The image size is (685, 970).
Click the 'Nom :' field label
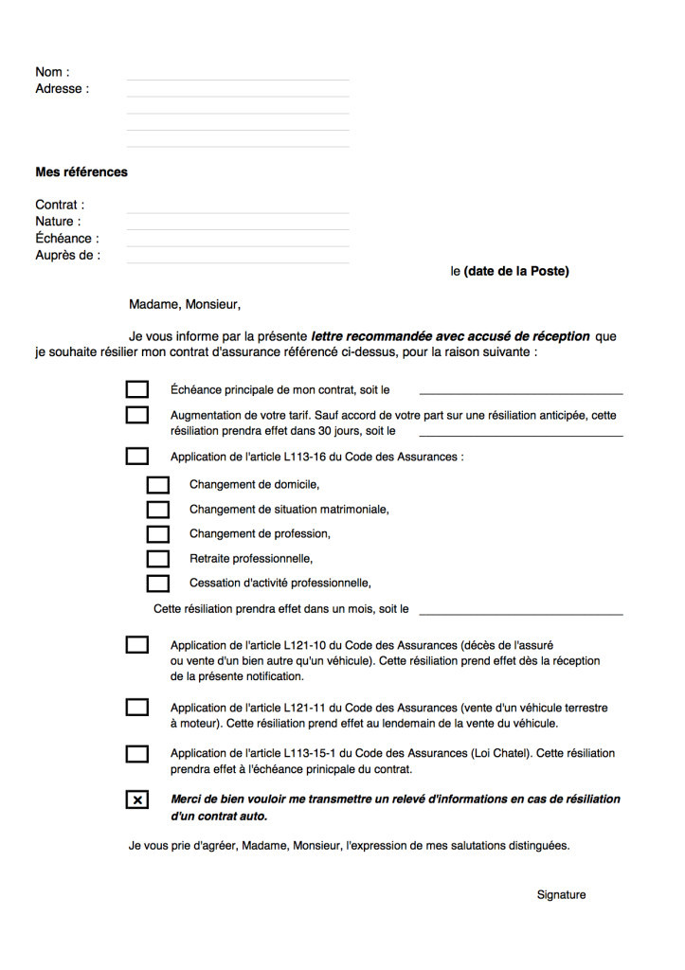click(x=52, y=72)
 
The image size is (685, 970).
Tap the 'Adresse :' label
click(x=62, y=89)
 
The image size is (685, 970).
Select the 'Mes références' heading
click(x=81, y=172)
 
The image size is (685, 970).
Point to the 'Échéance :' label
click(x=67, y=239)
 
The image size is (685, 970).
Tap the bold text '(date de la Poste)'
click(x=516, y=272)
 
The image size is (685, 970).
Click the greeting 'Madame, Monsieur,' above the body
click(x=185, y=304)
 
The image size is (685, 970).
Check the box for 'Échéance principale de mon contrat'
click(x=137, y=389)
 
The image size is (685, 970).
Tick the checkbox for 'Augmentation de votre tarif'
click(x=137, y=415)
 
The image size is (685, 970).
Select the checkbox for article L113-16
click(x=137, y=457)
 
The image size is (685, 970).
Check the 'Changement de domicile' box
click(x=158, y=485)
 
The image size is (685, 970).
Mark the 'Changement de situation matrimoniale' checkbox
click(x=158, y=510)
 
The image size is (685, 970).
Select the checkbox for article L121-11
click(x=137, y=708)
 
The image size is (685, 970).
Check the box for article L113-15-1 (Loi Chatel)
click(x=137, y=754)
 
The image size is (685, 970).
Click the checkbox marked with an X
click(x=137, y=800)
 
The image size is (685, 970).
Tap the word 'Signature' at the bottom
click(x=561, y=895)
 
